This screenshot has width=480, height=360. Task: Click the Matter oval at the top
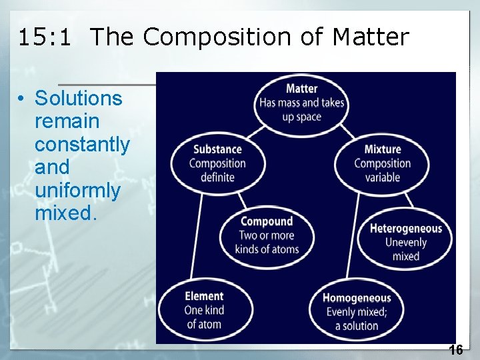click(x=301, y=103)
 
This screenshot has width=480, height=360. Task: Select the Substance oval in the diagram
click(x=217, y=163)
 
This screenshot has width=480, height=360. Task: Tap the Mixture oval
click(x=382, y=163)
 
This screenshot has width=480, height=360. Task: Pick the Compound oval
click(x=267, y=235)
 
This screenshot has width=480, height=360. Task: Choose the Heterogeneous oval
click(x=405, y=241)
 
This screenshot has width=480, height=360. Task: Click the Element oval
click(x=204, y=310)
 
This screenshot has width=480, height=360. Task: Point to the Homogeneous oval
click(x=356, y=311)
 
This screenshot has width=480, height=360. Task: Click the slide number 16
click(x=456, y=349)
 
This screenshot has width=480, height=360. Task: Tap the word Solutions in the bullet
click(x=79, y=99)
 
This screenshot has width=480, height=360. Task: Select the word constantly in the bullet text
click(x=82, y=145)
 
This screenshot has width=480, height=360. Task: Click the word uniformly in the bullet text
click(x=77, y=191)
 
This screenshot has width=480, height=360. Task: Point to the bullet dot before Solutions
click(x=22, y=99)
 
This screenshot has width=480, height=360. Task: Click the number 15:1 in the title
click(x=43, y=37)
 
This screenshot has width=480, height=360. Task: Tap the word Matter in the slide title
click(x=371, y=37)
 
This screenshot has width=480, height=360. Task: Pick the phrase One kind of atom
click(x=204, y=317)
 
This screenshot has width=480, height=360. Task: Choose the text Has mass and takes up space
click(x=301, y=110)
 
